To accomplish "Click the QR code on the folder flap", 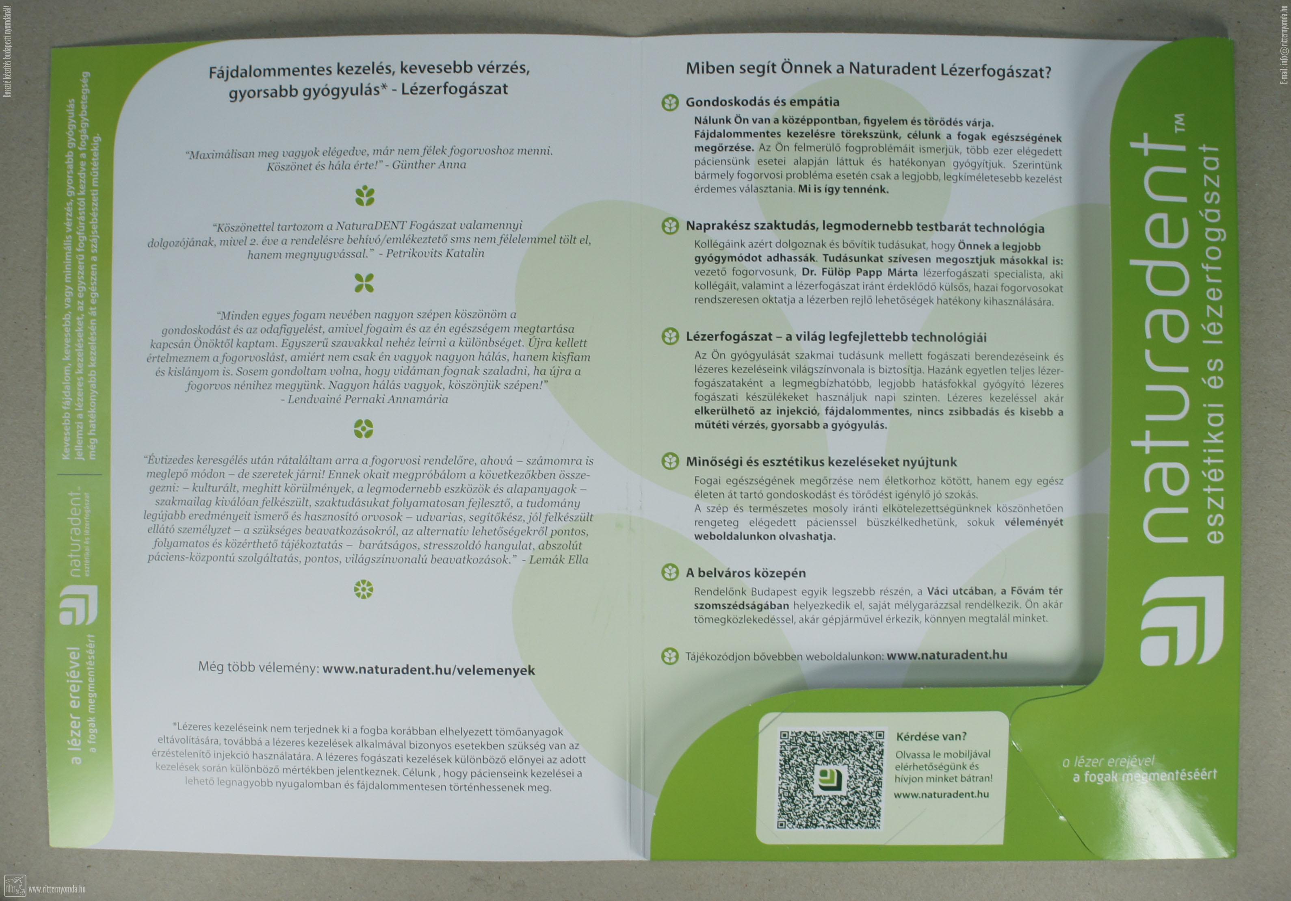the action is pos(830,780).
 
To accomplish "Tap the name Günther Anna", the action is pos(429,165).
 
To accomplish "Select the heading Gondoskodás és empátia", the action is pos(762,102).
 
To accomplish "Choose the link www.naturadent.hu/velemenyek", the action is pos(429,670).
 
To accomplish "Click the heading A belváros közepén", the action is pos(745,573).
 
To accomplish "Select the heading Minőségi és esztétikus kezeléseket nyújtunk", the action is pos(821,462).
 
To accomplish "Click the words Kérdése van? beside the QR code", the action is pos(932,736).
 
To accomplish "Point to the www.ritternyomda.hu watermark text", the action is pos(56,889).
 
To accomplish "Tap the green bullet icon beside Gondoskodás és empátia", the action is pos(670,102).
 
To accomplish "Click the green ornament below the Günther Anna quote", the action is pos(365,196).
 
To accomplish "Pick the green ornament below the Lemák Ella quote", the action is pos(364,589).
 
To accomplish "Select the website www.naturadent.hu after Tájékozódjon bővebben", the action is pos(947,655).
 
